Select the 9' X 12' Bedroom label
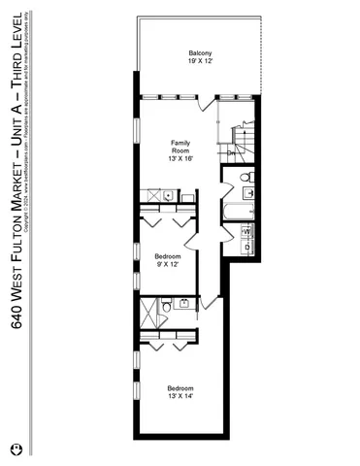[x=167, y=259]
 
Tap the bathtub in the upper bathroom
[x=237, y=211]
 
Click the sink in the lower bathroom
[x=184, y=305]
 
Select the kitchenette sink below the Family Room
[x=167, y=196]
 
